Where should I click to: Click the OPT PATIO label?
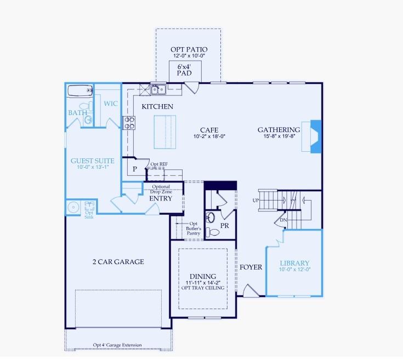[189, 49]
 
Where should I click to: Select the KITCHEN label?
[157, 106]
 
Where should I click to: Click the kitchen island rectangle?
[164, 132]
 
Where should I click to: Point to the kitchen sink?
[159, 89]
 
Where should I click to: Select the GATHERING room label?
[279, 130]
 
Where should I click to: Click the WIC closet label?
[110, 103]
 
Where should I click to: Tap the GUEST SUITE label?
[89, 161]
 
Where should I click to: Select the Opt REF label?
[159, 164]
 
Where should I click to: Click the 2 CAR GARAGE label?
[118, 262]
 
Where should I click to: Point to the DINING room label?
[202, 276]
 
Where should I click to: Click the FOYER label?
[251, 267]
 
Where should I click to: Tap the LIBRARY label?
[294, 263]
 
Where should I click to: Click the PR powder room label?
[224, 225]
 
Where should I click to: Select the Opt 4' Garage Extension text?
[117, 345]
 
